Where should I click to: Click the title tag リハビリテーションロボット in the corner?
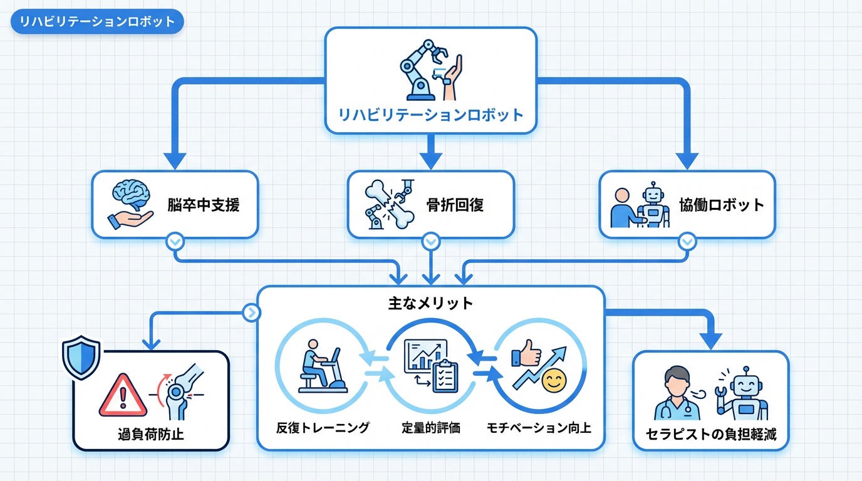click(97, 22)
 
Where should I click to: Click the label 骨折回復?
click(455, 205)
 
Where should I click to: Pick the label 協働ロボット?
click(722, 205)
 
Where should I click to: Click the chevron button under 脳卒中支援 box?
click(175, 241)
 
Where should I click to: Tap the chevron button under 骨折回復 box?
click(430, 241)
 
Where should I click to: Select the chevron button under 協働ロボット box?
click(687, 241)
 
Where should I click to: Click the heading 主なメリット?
click(430, 304)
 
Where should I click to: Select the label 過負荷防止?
click(151, 434)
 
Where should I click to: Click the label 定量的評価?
click(431, 428)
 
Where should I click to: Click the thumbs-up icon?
click(526, 356)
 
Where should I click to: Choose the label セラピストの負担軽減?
click(711, 434)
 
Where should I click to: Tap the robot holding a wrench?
click(742, 393)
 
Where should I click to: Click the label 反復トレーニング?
click(323, 428)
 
